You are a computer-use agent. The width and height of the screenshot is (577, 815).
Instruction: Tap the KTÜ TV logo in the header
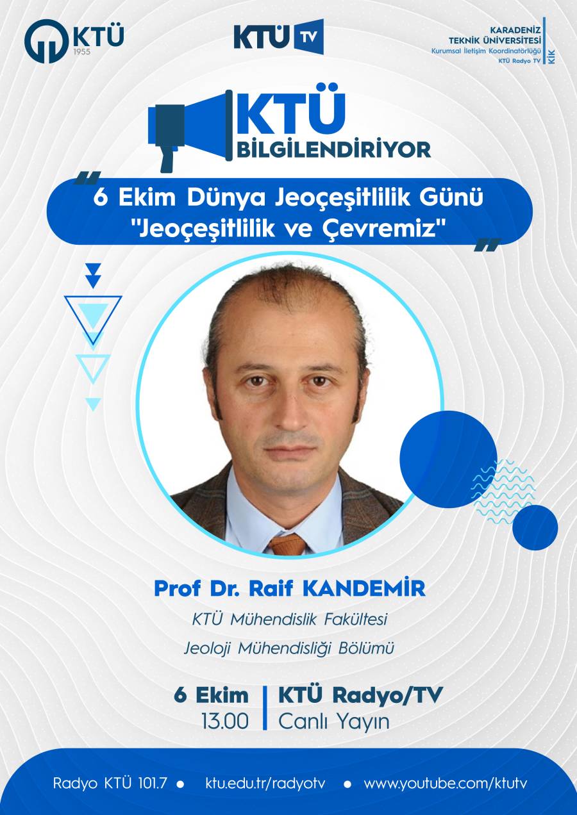coord(279,37)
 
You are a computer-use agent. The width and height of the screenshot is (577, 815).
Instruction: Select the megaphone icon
coord(190,130)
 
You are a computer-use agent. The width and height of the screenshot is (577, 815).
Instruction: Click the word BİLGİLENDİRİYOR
coord(334,151)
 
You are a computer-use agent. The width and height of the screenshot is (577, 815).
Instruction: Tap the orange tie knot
coord(288,545)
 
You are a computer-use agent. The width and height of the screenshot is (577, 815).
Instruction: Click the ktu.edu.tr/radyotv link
coord(265,782)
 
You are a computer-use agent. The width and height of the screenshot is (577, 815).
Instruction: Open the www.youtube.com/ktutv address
coord(445,783)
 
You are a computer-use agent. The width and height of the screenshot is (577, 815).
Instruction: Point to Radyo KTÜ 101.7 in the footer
coord(110,783)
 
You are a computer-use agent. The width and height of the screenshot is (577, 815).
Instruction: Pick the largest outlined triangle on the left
coord(93,320)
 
